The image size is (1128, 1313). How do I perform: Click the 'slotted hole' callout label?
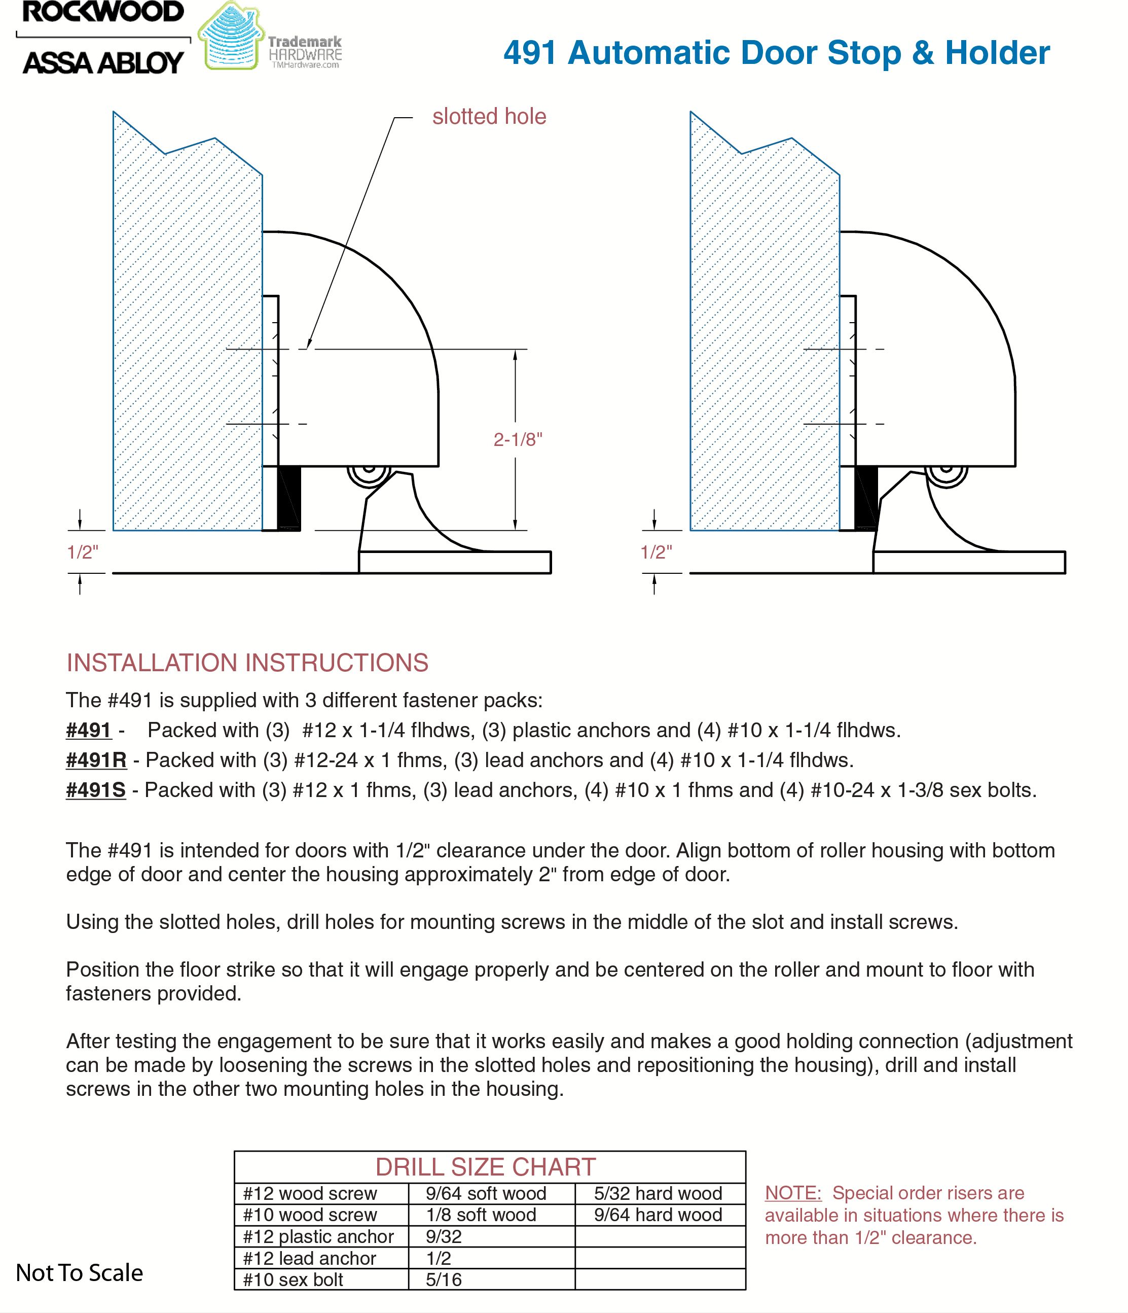(489, 117)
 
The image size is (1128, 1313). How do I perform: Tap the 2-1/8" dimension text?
(518, 440)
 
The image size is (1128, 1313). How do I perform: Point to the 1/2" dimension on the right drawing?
(656, 552)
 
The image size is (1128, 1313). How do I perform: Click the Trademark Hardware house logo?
(231, 37)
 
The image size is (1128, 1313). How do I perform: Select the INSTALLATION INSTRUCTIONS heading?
(247, 663)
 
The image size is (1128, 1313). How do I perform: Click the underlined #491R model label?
(96, 760)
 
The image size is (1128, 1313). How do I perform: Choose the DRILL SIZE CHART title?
(485, 1166)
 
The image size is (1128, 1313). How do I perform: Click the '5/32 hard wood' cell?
(658, 1193)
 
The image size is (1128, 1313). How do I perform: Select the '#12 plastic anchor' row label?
(318, 1236)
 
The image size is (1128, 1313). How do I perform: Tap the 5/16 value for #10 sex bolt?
(444, 1280)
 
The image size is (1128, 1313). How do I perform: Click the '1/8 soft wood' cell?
(481, 1215)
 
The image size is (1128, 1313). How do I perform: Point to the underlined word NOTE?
(793, 1193)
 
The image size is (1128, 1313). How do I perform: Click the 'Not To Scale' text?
(79, 1272)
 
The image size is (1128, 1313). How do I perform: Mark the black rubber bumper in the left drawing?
(289, 498)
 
